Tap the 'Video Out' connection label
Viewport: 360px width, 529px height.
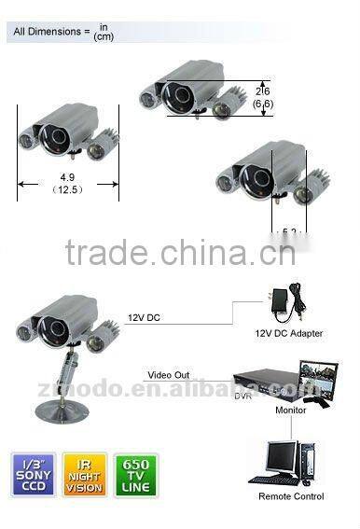168,375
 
